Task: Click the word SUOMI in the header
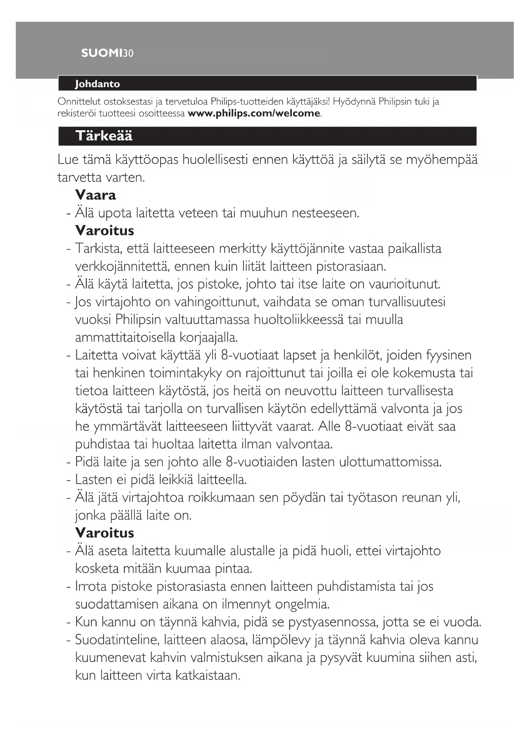101,53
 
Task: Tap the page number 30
128,53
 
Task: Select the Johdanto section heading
97,84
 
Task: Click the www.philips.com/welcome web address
254,114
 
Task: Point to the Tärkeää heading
104,136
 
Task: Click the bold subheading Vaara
96,195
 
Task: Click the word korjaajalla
208,338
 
